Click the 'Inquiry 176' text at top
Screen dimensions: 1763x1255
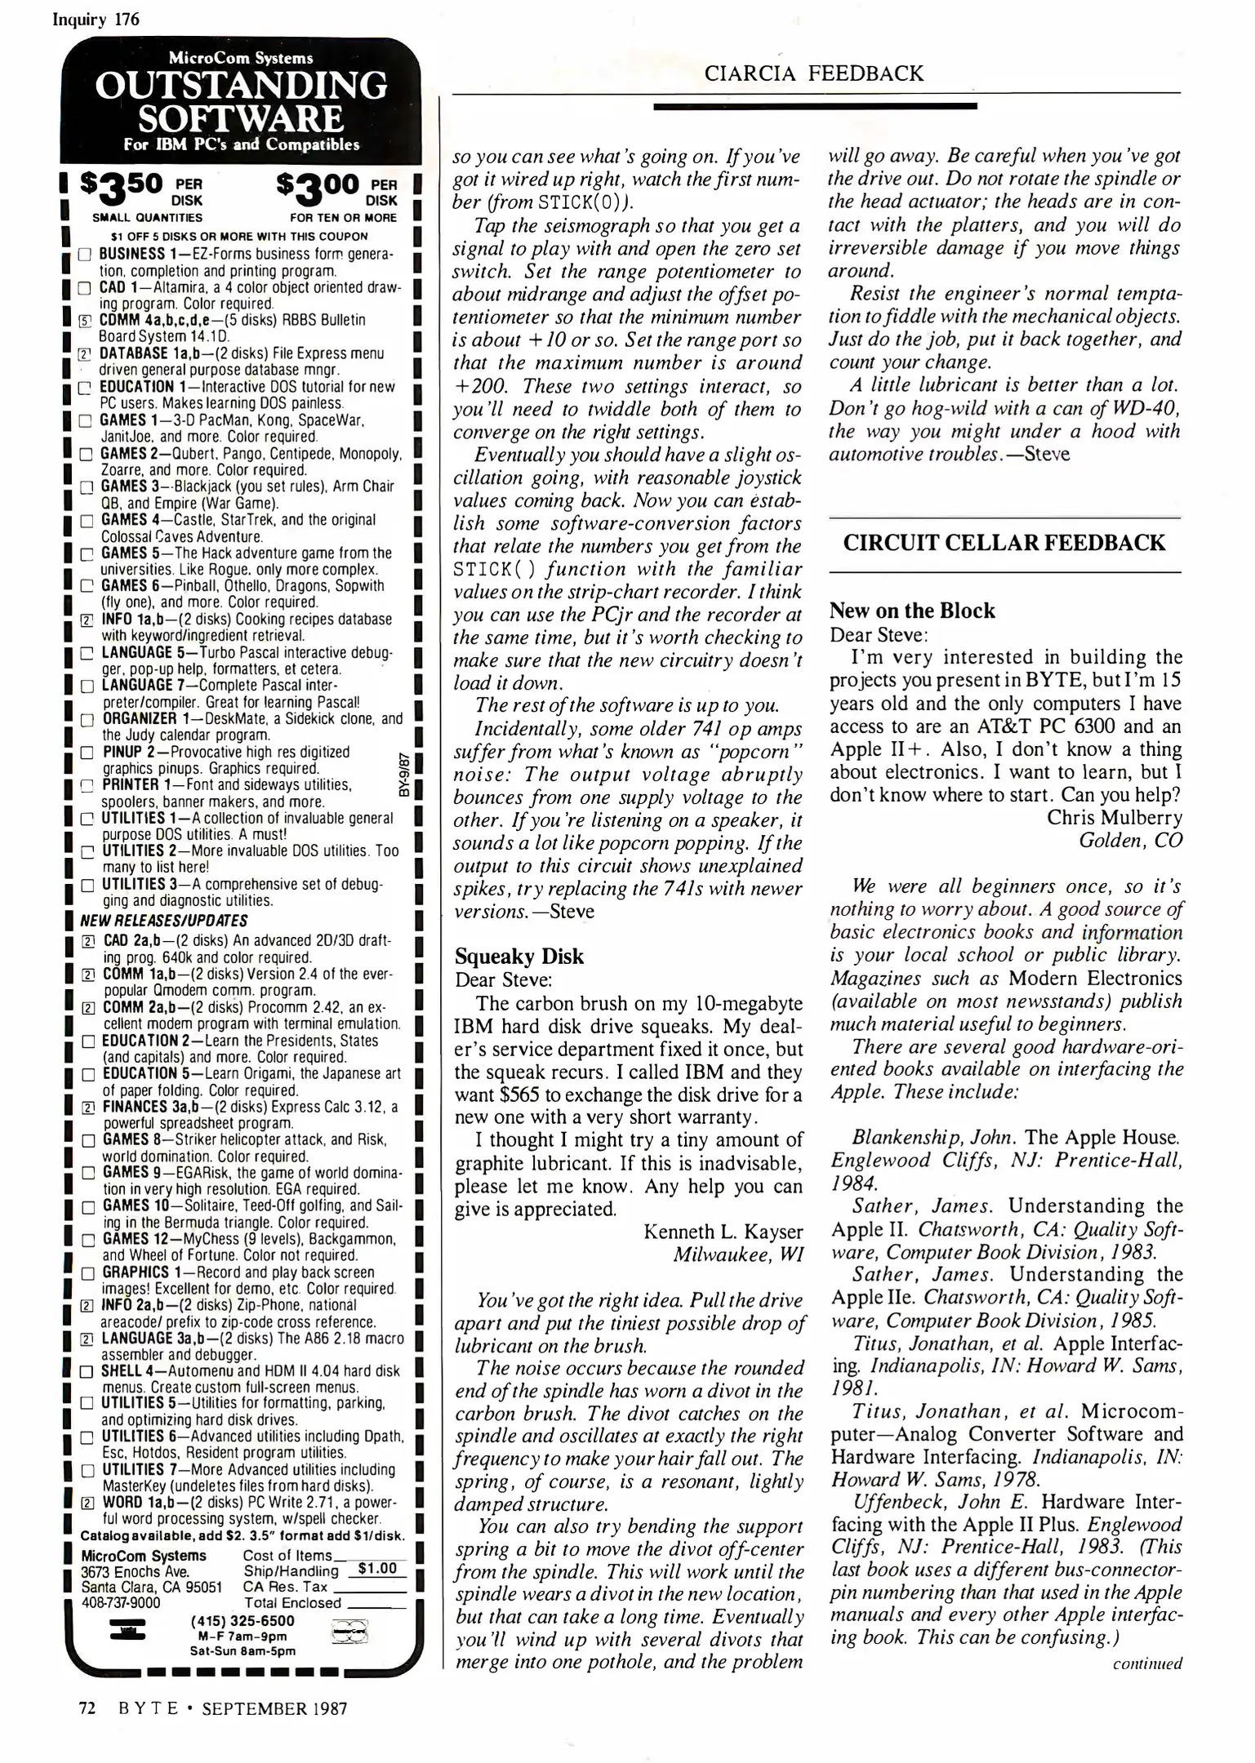tap(96, 20)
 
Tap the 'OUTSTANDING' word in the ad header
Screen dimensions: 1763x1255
tap(241, 85)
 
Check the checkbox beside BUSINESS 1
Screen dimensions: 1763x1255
tap(84, 255)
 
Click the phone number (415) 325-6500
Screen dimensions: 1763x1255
tap(243, 1620)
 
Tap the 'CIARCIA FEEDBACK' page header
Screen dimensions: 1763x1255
tap(814, 74)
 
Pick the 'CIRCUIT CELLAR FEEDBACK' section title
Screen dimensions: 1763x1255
tap(1004, 543)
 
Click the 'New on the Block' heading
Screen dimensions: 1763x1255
tap(912, 611)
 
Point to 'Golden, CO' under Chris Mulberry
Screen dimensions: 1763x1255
tap(1130, 840)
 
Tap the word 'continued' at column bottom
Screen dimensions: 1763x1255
tap(1146, 1663)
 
